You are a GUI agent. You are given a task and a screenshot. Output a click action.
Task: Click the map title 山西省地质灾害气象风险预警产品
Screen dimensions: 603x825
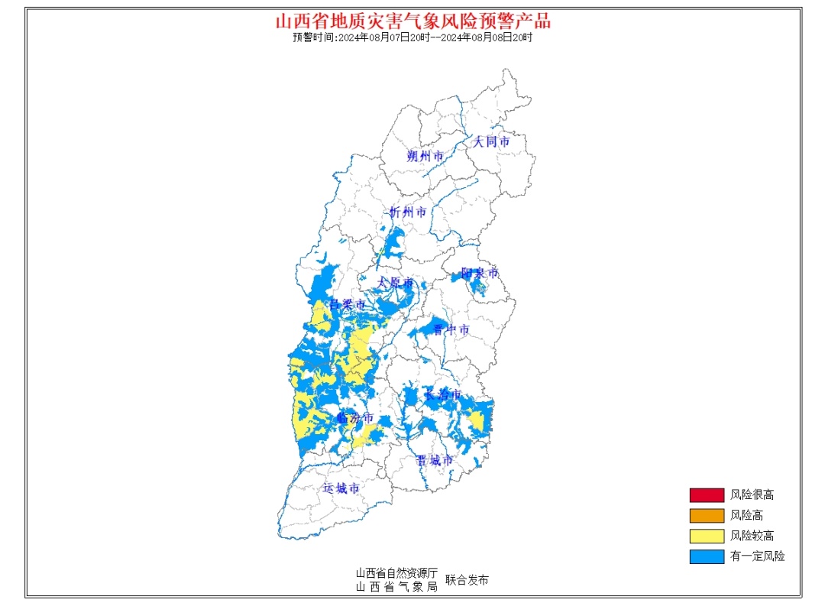coord(412,21)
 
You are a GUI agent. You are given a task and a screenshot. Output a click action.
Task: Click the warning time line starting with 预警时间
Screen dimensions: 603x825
coord(412,37)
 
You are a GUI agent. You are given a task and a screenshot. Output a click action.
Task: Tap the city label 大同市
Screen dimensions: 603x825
coord(490,141)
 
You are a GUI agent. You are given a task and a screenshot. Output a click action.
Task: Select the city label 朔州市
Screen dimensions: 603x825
coord(425,156)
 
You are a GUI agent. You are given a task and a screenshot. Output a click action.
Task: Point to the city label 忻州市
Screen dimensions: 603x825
coord(408,212)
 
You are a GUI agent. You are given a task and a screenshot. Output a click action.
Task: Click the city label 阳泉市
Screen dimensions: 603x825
coord(480,273)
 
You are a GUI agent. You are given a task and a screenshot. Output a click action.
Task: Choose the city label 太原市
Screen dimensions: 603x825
coord(396,283)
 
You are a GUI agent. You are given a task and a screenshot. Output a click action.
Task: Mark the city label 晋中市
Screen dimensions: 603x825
coord(451,329)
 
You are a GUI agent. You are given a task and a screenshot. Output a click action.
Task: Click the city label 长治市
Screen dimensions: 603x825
coord(443,394)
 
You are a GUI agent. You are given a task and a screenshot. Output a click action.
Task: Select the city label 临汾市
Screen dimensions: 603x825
coord(355,418)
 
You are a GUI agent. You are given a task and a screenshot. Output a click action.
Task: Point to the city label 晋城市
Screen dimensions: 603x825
coord(435,460)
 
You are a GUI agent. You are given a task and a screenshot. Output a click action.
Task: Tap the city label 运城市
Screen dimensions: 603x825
coord(341,488)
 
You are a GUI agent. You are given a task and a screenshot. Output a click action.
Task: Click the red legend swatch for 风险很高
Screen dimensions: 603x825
coord(707,495)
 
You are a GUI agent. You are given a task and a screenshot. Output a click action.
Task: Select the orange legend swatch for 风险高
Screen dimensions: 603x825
coord(707,516)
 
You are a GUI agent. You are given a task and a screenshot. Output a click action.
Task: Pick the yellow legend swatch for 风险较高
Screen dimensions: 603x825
coord(707,536)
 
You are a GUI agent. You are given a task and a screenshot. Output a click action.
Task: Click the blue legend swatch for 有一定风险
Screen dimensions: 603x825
coord(707,556)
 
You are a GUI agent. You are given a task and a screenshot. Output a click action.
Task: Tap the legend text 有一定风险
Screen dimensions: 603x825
coord(757,556)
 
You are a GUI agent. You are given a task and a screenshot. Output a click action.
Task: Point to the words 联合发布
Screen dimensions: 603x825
coord(467,580)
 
